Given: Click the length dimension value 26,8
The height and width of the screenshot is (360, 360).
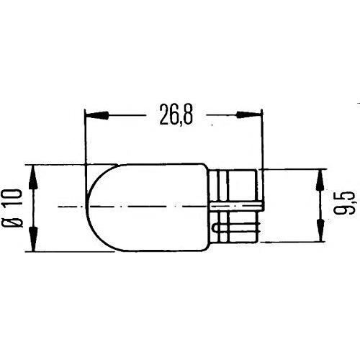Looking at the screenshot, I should click(x=174, y=115).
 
